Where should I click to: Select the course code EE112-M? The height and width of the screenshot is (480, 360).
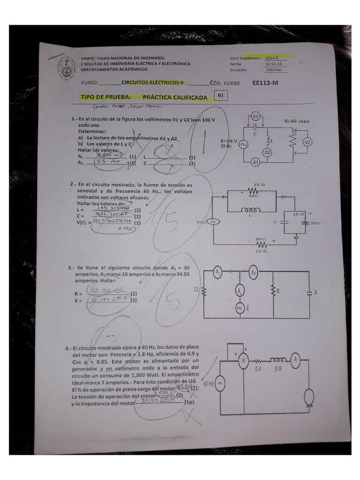[265, 82]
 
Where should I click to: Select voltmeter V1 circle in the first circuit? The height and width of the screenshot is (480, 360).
[255, 116]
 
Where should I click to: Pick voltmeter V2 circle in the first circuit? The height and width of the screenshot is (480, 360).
[308, 142]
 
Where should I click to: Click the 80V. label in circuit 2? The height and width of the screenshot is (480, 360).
[261, 239]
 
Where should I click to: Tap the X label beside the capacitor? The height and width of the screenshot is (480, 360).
[315, 292]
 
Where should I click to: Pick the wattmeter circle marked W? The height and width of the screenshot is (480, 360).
[243, 360]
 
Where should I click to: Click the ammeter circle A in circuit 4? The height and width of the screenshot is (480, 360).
[295, 360]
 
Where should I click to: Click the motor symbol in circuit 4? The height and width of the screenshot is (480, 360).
[308, 398]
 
